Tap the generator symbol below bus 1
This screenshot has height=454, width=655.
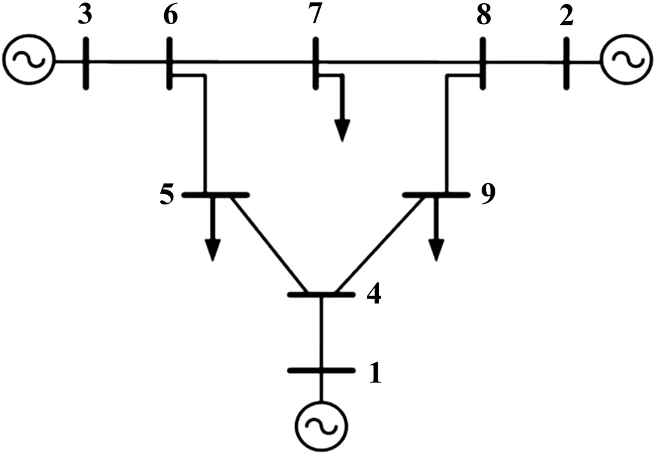pyautogui.click(x=321, y=427)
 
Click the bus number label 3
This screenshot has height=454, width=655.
pyautogui.click(x=85, y=15)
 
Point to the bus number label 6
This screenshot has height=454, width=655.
pyautogui.click(x=170, y=15)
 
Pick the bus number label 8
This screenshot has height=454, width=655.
pyautogui.click(x=484, y=15)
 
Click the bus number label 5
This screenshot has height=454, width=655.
pyautogui.click(x=167, y=195)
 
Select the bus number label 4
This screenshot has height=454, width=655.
pyautogui.click(x=374, y=295)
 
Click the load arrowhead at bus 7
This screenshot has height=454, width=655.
pyautogui.click(x=342, y=131)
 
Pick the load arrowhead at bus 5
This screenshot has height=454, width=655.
pyautogui.click(x=213, y=250)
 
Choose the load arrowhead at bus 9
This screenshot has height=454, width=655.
pyautogui.click(x=436, y=250)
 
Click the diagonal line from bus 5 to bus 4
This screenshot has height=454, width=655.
pyautogui.click(x=269, y=244)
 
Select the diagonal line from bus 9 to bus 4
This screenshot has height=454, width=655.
pyautogui.click(x=380, y=244)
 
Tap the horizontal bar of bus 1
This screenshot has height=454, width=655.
pyautogui.click(x=321, y=370)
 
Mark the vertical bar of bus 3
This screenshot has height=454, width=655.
pyautogui.click(x=85, y=63)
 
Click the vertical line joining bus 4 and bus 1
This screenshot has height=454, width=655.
pyautogui.click(x=321, y=333)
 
